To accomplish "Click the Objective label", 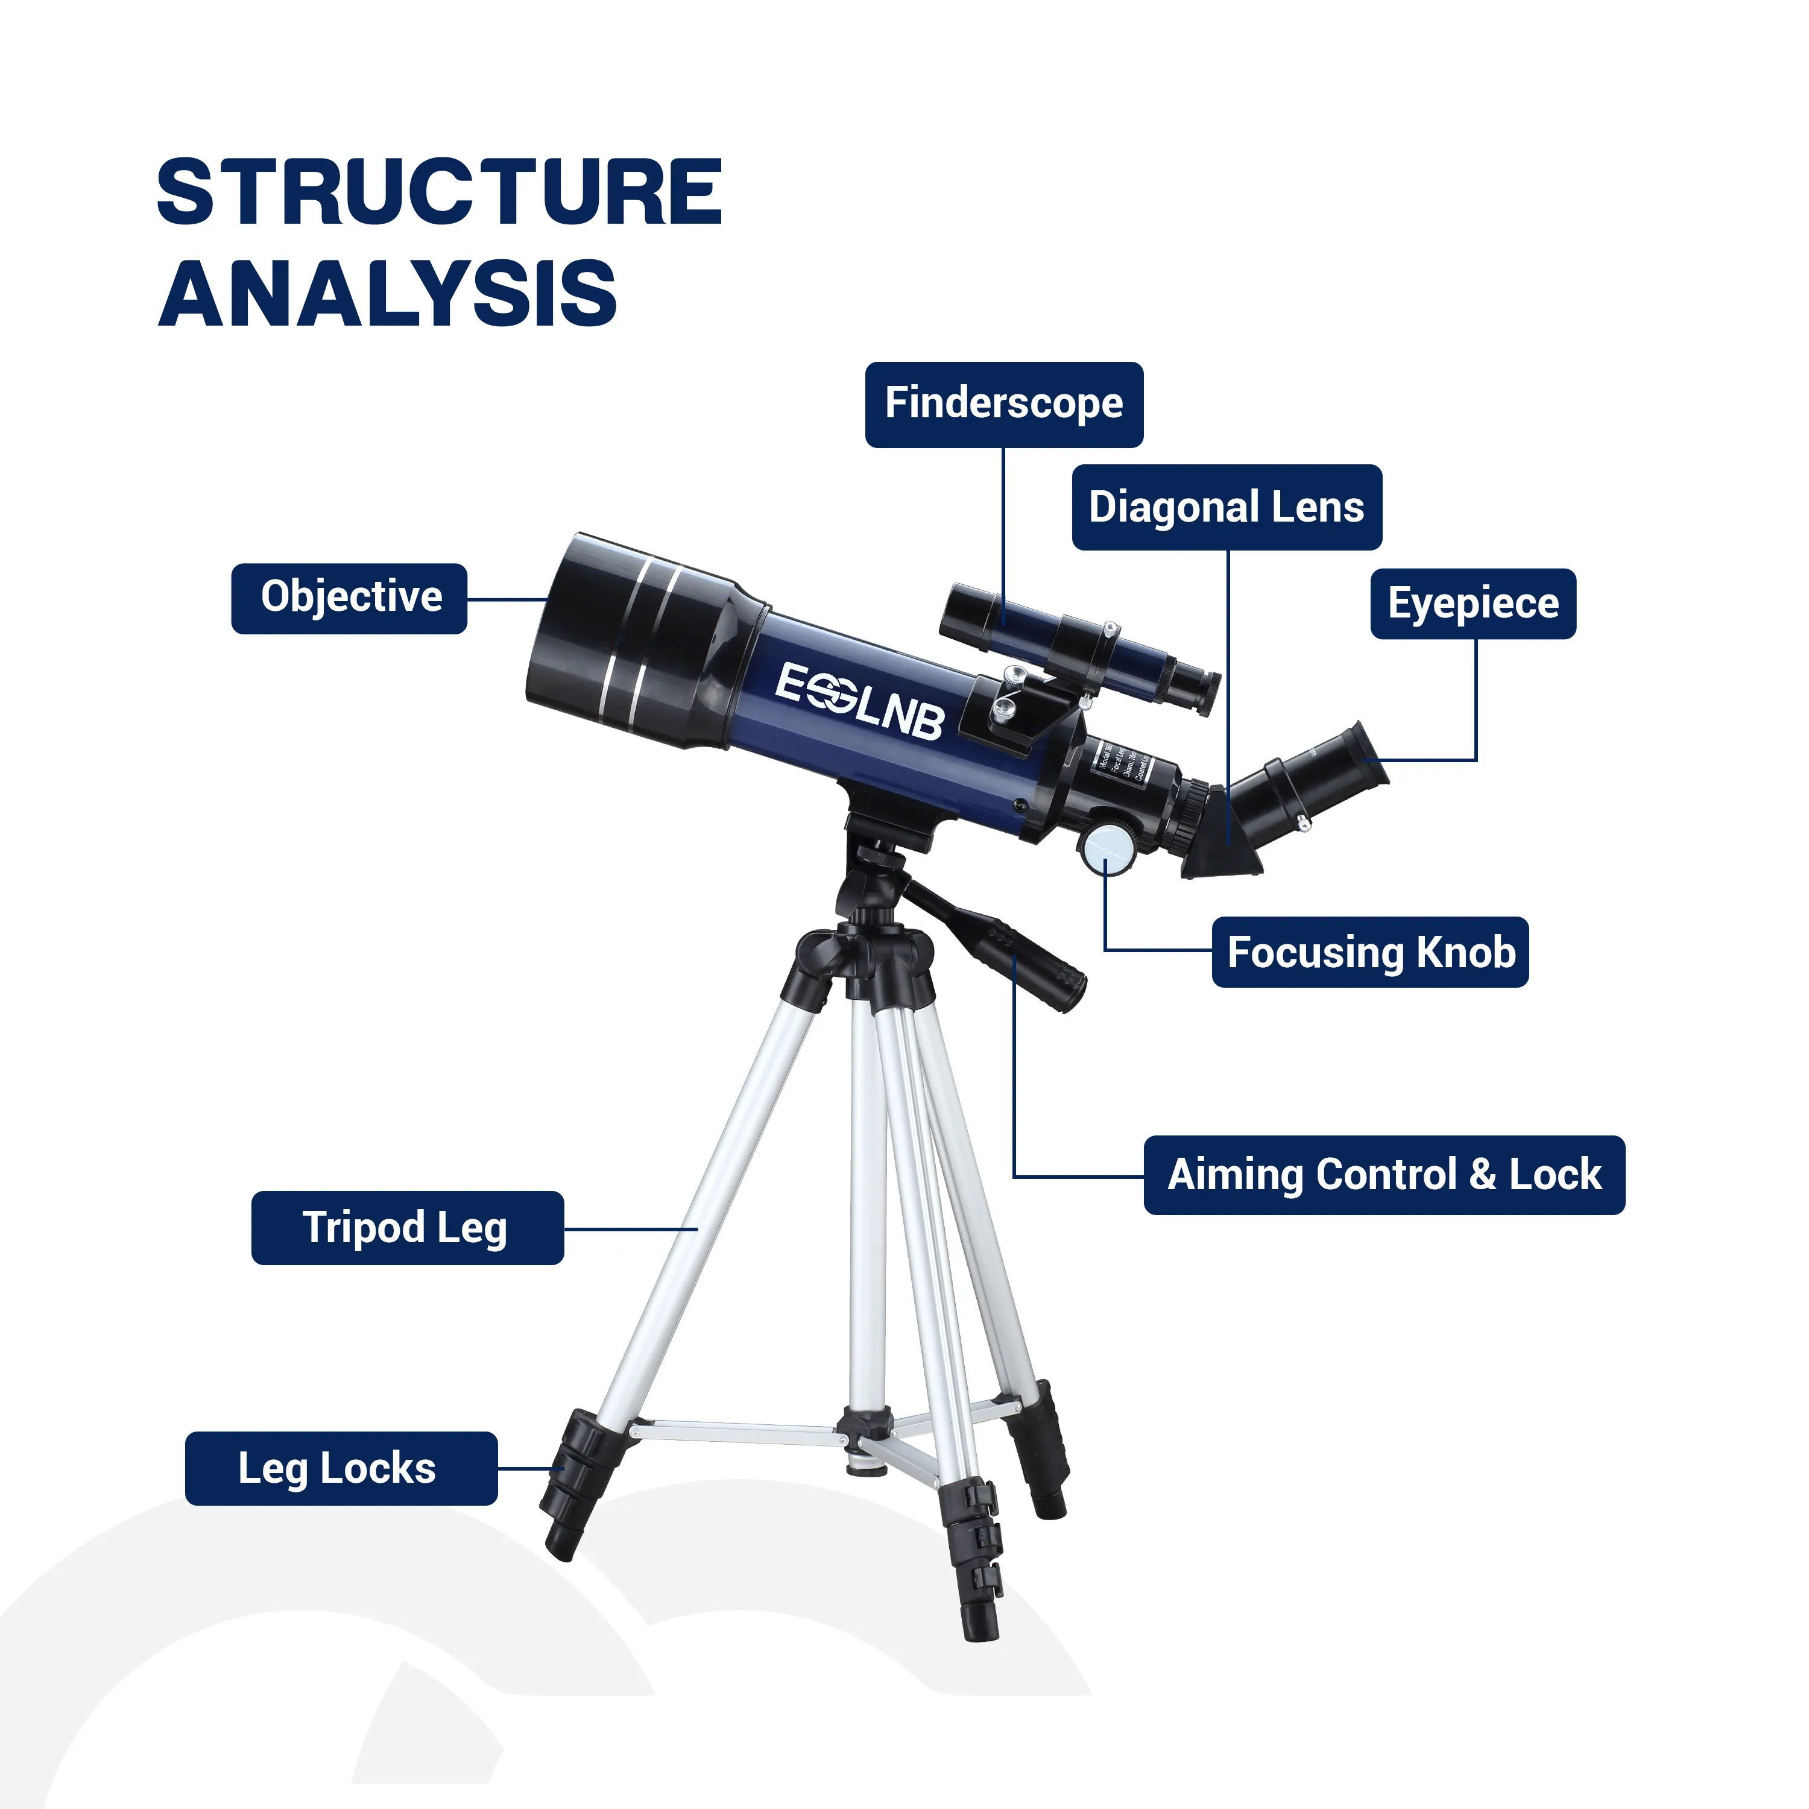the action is pos(349,598).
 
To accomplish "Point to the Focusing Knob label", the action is pos(1370,952).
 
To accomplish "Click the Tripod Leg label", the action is pos(407,1228).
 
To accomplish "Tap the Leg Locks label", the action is pos(341,1468).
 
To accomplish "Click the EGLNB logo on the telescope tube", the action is pos(859,700).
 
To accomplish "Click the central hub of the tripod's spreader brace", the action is pos(863,1428).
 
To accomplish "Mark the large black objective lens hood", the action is pos(637,642).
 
